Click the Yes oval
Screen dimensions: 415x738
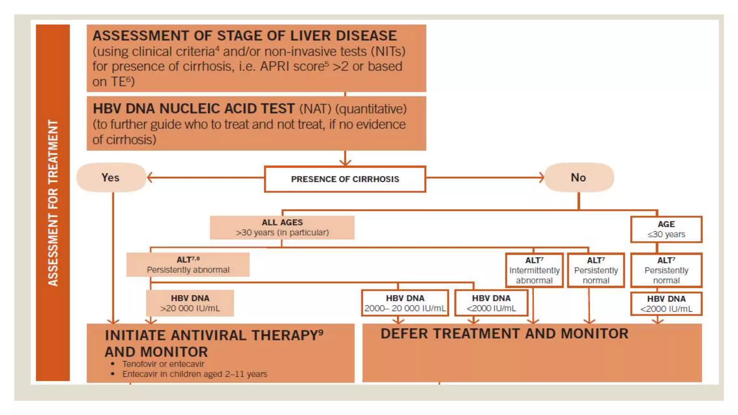point(111,177)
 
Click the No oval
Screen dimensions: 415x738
point(579,177)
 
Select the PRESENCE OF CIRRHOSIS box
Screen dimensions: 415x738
point(345,179)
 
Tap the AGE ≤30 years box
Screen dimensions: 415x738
point(666,229)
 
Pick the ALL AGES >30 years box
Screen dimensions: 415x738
point(282,227)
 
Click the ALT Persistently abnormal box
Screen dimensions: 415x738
point(188,265)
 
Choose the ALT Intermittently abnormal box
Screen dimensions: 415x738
point(534,270)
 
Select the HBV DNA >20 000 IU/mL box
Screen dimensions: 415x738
point(190,303)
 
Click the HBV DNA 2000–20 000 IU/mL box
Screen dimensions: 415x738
point(405,303)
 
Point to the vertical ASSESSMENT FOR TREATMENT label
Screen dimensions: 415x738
point(53,202)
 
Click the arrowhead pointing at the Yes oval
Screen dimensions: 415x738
point(150,177)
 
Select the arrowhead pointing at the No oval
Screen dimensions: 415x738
point(541,177)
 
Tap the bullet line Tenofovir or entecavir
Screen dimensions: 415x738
point(163,364)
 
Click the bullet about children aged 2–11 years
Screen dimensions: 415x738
point(195,374)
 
